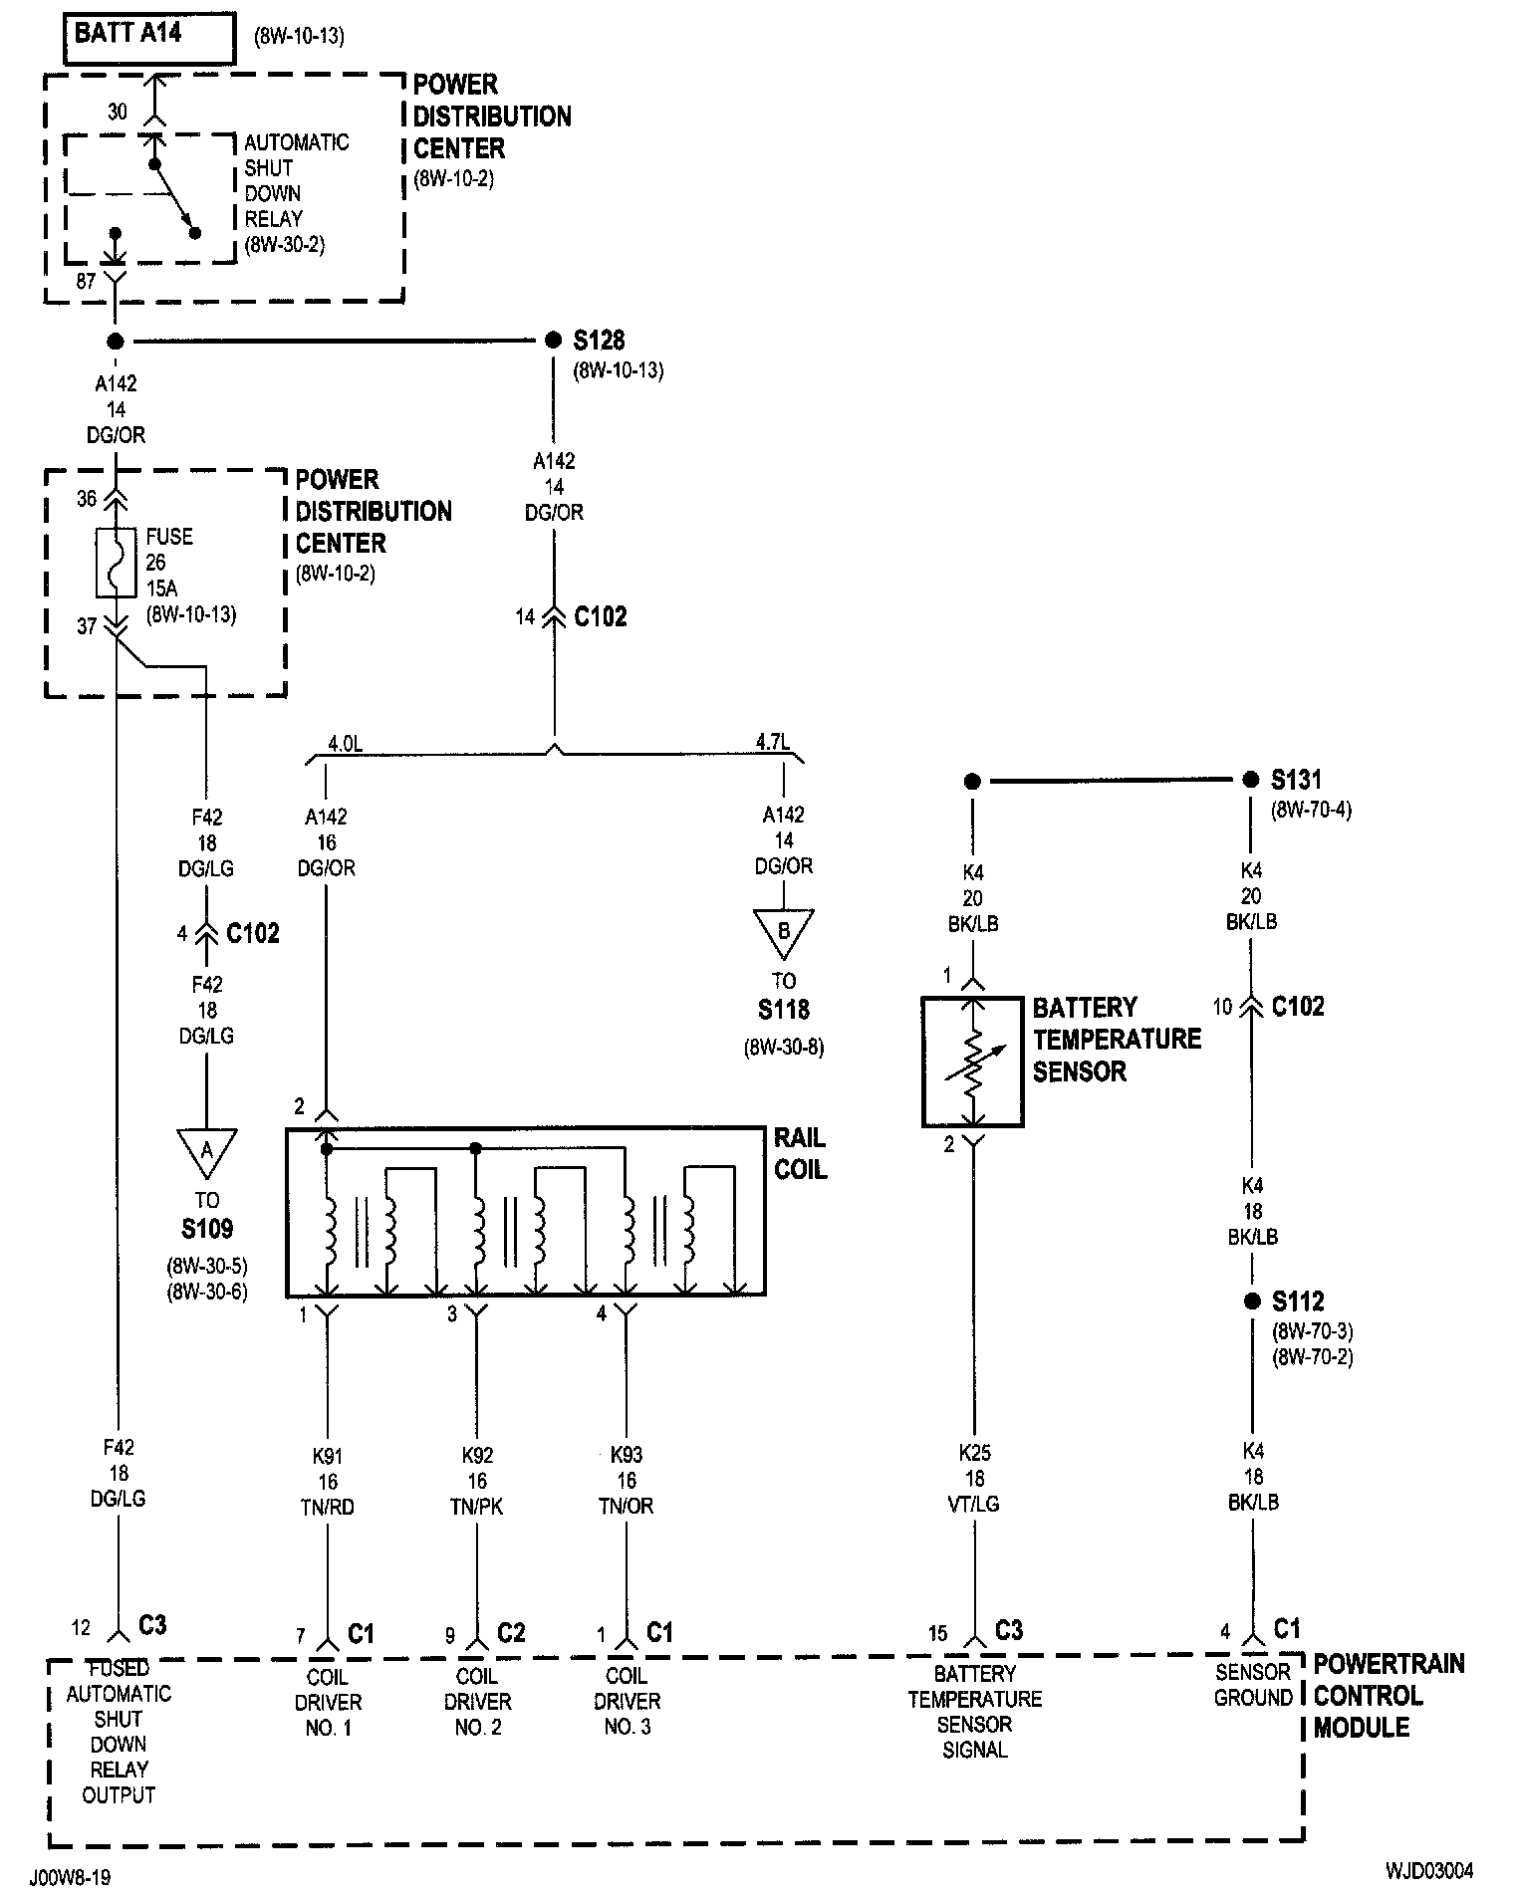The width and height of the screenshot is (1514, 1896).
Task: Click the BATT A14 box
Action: coord(149,39)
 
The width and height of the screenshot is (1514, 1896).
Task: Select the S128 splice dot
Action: coord(554,341)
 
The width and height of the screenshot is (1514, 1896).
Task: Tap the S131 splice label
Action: coord(1297,780)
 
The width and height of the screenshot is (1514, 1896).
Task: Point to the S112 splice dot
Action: coord(1252,1302)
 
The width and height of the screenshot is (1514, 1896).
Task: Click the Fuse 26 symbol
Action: coord(117,563)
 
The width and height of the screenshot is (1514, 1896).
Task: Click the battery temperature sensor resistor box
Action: coord(973,1062)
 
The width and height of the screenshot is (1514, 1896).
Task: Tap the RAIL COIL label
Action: coord(801,1153)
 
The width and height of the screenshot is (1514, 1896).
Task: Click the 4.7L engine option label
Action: coord(773,742)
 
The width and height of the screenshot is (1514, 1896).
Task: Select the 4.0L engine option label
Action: coord(345,743)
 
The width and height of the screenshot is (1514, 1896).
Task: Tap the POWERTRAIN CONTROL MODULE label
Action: coord(1388,1695)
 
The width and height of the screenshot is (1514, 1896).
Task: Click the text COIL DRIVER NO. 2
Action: coord(477,1702)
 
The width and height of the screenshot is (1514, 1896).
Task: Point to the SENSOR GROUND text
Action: coord(1253,1684)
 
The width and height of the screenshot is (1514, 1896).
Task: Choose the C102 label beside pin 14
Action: coord(601,616)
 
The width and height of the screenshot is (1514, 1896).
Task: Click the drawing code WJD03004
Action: coord(1428,1870)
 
